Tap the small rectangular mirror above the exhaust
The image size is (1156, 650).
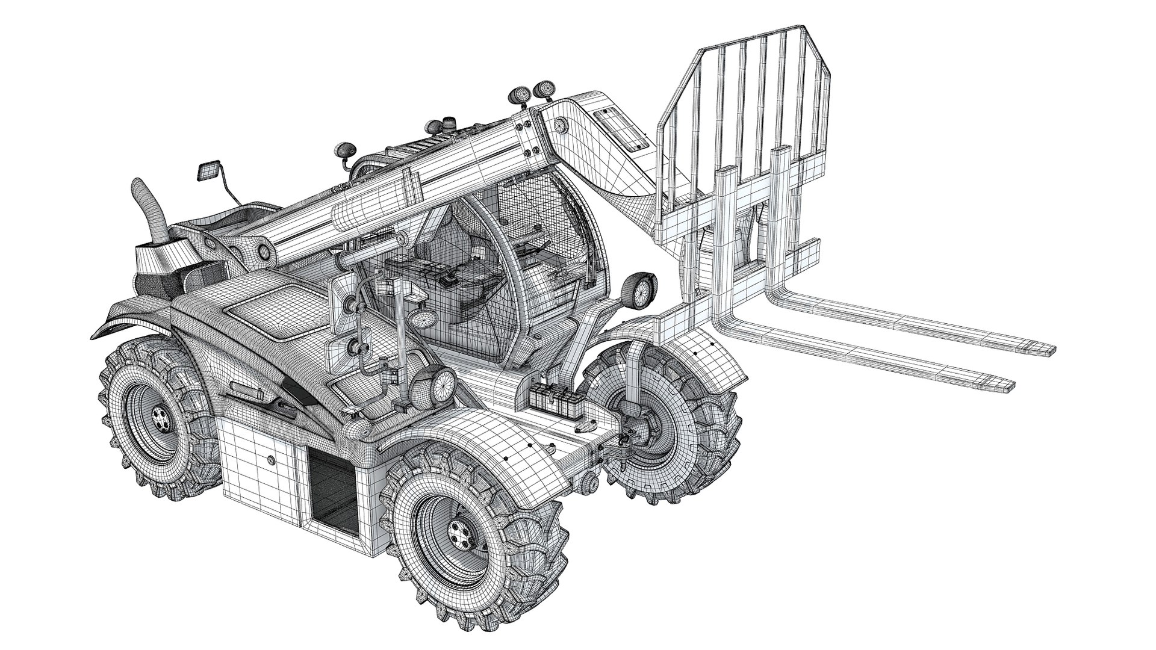coord(206,171)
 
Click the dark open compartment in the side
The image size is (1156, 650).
coord(332,491)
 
